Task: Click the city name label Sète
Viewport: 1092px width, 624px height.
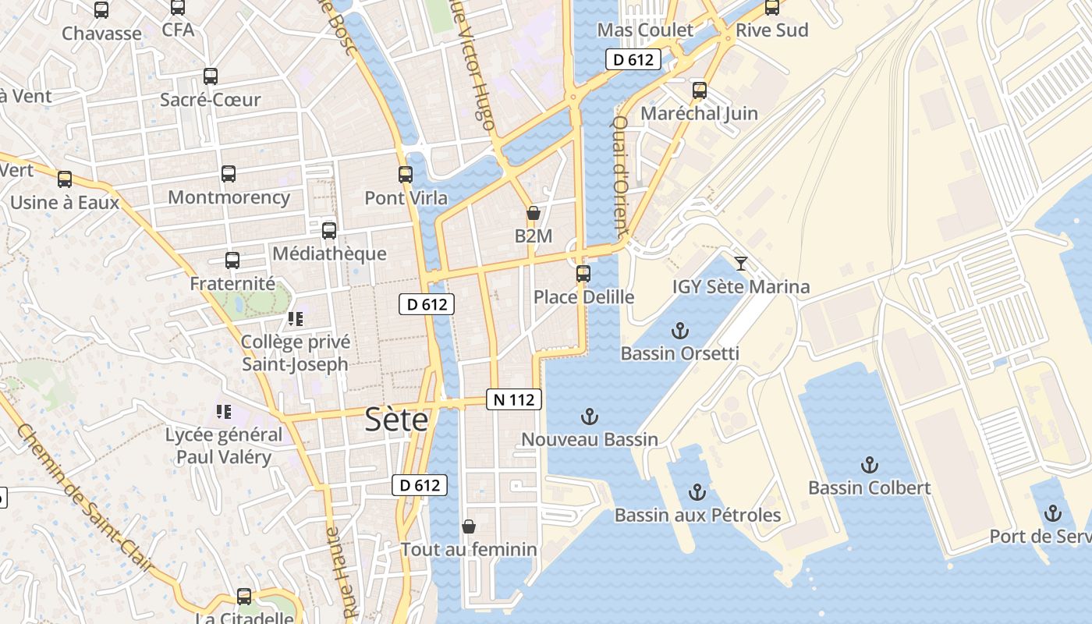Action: click(x=397, y=420)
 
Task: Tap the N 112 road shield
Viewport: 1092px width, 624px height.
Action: click(x=514, y=399)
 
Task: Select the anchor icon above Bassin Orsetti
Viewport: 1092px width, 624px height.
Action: click(x=680, y=331)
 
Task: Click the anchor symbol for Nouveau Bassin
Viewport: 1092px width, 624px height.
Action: click(x=590, y=417)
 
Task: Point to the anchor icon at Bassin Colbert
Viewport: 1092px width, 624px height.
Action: click(x=869, y=466)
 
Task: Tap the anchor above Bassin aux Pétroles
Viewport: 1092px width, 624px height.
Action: click(x=697, y=492)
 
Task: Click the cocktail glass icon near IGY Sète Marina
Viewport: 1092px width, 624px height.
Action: click(x=741, y=264)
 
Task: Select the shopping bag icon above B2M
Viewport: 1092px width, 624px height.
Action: click(x=534, y=213)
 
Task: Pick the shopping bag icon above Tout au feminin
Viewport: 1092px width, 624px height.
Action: click(x=469, y=526)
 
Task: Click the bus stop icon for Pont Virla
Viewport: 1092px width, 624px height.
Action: click(x=406, y=175)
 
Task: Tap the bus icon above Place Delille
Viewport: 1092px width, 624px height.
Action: click(x=583, y=274)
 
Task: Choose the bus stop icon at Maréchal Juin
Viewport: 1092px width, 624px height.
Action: click(x=700, y=90)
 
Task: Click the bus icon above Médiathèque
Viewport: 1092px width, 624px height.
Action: click(x=329, y=231)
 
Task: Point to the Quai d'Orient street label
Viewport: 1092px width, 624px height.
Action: click(x=620, y=177)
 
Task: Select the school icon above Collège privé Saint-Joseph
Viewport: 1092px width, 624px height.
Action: click(x=295, y=319)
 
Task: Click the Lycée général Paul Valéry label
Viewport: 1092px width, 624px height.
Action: click(x=224, y=445)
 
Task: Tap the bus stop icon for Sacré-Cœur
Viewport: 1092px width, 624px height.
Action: click(x=211, y=76)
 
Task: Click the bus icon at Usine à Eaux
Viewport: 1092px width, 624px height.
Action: click(x=65, y=179)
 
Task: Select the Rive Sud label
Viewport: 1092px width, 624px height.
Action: click(x=772, y=30)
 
